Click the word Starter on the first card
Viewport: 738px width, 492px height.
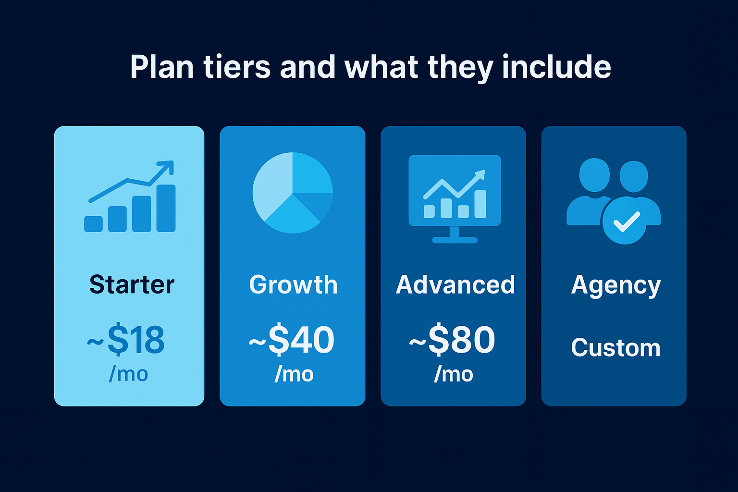point(132,284)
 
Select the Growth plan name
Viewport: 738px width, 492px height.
point(293,284)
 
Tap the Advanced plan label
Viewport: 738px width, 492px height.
point(455,284)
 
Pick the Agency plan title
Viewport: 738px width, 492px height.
point(615,285)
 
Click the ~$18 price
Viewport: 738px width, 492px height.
point(126,340)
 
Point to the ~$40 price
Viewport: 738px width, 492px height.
point(292,340)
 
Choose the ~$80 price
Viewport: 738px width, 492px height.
point(452,340)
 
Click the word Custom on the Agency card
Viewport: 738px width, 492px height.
point(615,347)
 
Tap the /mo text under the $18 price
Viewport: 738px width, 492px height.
point(128,374)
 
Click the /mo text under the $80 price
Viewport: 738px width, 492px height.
point(454,374)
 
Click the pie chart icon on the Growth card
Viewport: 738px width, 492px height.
point(293,193)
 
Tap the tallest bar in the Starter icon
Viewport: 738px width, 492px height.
point(166,208)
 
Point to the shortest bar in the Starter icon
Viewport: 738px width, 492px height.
point(93,224)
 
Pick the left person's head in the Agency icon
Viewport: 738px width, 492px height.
point(594,174)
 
